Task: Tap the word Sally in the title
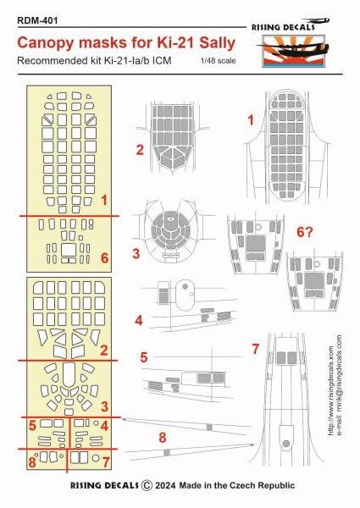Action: click(x=217, y=43)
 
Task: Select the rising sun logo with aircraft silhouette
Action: click(x=293, y=51)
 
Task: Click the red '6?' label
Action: click(x=305, y=232)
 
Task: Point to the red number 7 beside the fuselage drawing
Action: click(x=256, y=349)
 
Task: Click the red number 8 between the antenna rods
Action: click(x=163, y=438)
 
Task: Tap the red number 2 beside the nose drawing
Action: click(x=140, y=150)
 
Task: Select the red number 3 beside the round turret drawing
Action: click(x=136, y=253)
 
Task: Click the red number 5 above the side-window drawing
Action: click(x=143, y=357)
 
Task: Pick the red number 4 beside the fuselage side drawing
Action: click(x=139, y=320)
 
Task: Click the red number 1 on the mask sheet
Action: click(x=104, y=200)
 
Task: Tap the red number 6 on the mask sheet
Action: click(x=104, y=258)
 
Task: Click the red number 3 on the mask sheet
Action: click(x=104, y=406)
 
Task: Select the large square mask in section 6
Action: click(x=69, y=250)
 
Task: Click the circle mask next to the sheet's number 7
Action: click(x=95, y=458)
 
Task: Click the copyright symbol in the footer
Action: click(x=147, y=485)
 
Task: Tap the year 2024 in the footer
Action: click(x=165, y=485)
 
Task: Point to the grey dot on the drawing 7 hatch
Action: click(x=286, y=444)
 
